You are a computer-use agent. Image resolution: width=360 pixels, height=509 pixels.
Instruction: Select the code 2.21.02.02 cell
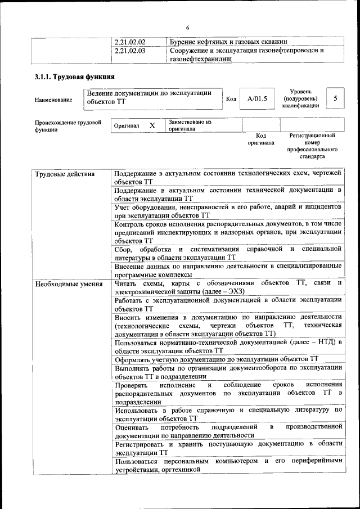[x=130, y=42]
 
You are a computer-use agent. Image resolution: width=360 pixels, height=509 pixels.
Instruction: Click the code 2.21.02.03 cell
[x=130, y=51]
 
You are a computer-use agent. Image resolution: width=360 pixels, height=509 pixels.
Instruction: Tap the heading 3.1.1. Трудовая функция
[x=75, y=76]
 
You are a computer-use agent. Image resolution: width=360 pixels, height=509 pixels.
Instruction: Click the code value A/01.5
[x=257, y=99]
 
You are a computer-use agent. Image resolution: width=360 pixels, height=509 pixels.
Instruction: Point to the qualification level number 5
[x=335, y=98]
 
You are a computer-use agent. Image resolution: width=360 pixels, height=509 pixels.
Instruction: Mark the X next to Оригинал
[x=152, y=125]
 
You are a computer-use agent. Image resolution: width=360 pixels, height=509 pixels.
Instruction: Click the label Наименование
[x=53, y=100]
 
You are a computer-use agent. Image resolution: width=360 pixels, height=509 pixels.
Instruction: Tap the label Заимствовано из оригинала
[x=190, y=125]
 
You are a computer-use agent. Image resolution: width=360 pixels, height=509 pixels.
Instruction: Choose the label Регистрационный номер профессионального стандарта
[x=312, y=146]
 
